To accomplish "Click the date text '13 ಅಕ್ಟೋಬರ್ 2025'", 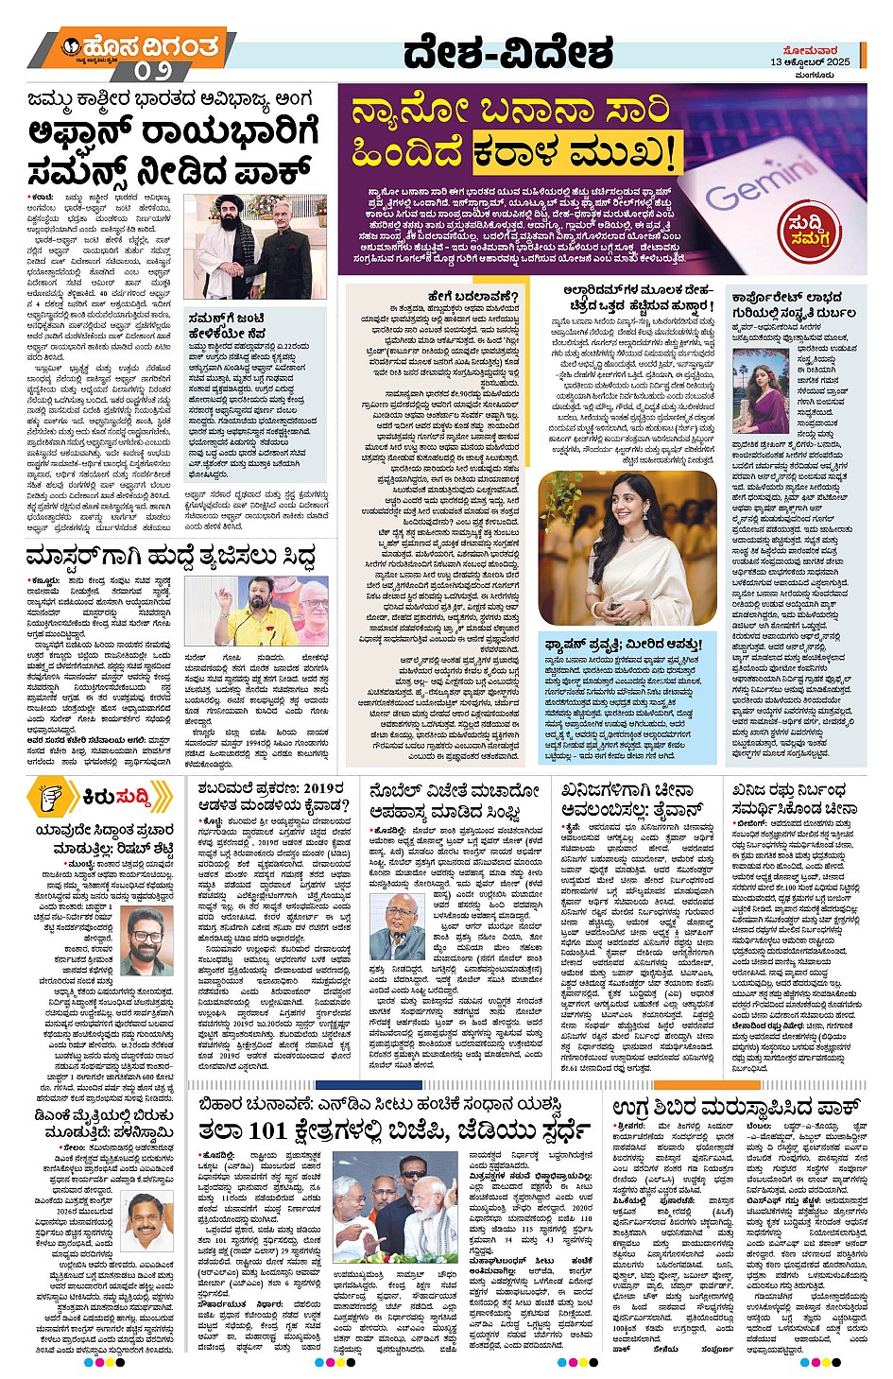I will [x=810, y=62].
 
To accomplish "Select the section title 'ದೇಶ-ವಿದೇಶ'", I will [x=509, y=54].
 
